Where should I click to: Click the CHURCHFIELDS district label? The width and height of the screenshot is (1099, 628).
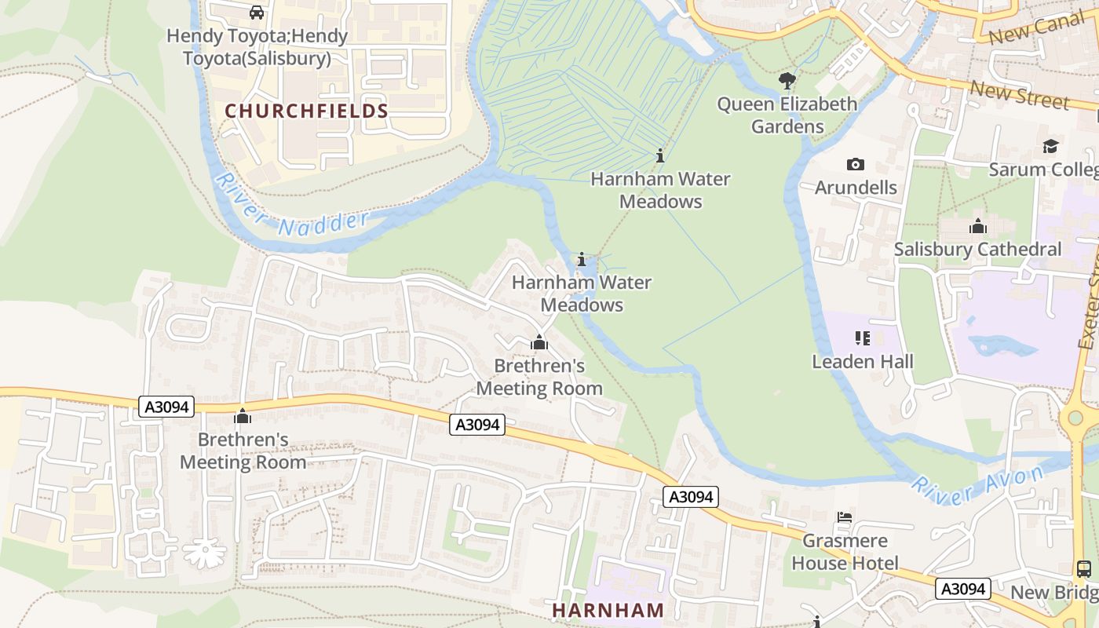click(x=306, y=111)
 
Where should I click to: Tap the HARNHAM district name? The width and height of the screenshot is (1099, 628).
click(x=608, y=610)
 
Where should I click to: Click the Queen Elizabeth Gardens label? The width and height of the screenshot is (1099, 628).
click(x=787, y=115)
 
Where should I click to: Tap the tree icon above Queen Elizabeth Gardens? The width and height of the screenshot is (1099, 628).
click(x=787, y=81)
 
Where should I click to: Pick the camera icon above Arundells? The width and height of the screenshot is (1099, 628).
click(x=856, y=164)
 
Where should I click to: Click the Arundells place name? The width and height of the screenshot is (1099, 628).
click(x=856, y=188)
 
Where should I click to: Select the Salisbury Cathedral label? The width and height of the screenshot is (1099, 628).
click(x=977, y=250)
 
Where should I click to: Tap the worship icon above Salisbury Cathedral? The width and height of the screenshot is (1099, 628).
click(x=977, y=227)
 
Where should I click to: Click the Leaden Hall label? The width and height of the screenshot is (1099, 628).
click(x=863, y=362)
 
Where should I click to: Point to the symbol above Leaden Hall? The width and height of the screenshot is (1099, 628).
click(x=863, y=338)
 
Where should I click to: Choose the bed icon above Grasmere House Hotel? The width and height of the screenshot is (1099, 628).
click(x=845, y=517)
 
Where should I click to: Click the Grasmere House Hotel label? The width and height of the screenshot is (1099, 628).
click(x=845, y=552)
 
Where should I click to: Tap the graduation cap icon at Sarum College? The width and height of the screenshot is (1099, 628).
click(x=1050, y=147)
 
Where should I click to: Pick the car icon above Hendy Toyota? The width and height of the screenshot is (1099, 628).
click(x=256, y=13)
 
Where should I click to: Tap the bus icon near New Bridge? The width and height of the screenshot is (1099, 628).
click(x=1083, y=569)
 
